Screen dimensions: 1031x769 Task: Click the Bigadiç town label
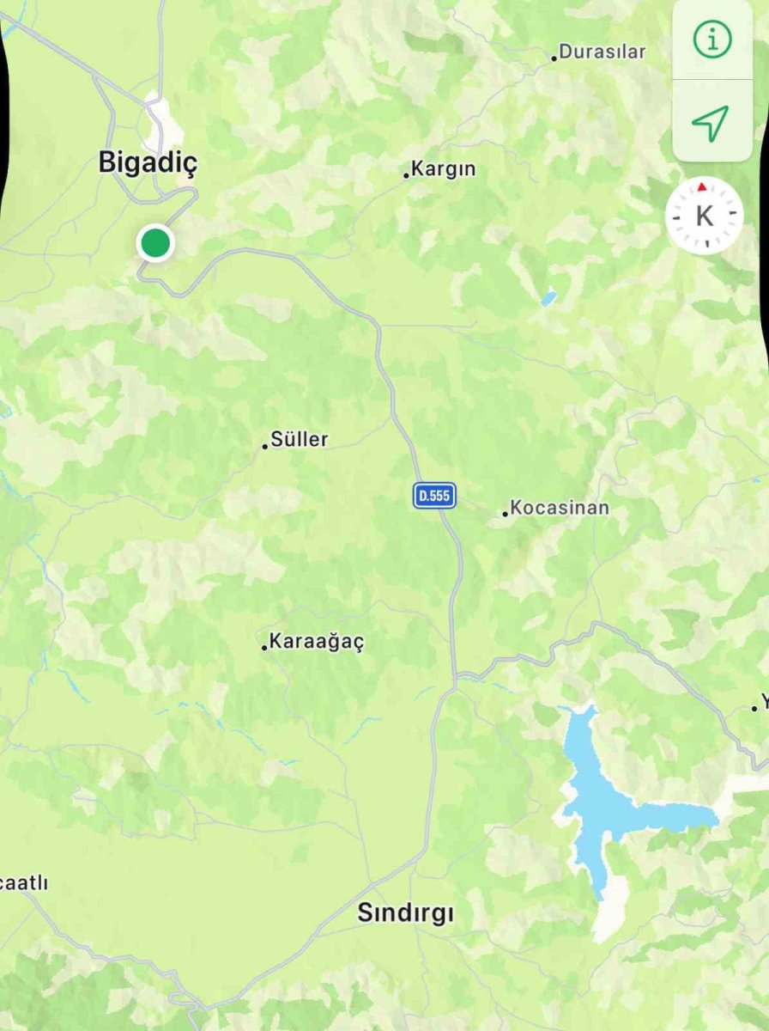148,162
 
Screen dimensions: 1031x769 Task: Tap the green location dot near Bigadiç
155,243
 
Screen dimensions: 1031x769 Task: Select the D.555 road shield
434,495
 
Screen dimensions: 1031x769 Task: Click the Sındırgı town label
405,913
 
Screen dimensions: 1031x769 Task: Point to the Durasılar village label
602,52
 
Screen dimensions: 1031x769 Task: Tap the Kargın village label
443,169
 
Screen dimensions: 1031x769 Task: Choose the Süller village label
299,440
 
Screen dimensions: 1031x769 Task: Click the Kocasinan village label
559,508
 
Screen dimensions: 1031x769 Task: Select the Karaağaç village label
317,642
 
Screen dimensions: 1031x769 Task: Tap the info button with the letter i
711,40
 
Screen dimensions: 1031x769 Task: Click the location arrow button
711,123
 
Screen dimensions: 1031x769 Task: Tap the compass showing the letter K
704,216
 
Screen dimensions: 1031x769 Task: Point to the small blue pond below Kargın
548,298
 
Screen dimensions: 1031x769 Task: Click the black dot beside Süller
265,446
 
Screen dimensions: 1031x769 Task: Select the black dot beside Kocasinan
506,514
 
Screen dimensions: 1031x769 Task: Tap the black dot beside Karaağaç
264,647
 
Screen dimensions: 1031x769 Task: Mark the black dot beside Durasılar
554,58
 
